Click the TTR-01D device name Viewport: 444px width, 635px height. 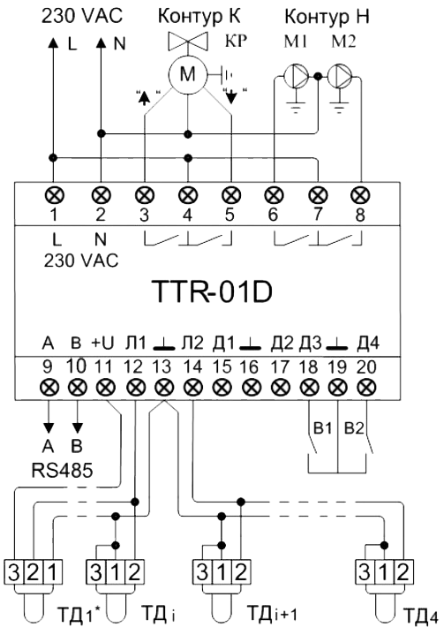point(212,292)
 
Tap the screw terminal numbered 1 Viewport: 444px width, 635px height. point(54,195)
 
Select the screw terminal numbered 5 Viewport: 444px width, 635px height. point(231,195)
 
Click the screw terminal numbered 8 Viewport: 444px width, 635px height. point(360,195)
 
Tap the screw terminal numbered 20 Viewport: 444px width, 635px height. point(366,388)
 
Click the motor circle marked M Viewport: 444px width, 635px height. point(187,74)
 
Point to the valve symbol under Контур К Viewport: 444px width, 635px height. point(188,41)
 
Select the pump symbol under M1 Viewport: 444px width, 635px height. point(295,75)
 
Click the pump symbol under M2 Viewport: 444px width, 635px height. point(339,75)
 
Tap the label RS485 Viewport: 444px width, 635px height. point(63,471)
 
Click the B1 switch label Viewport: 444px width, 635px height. point(322,428)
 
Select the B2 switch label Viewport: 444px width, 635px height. point(354,428)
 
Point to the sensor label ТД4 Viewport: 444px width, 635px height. point(420,616)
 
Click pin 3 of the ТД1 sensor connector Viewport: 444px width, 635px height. point(14,572)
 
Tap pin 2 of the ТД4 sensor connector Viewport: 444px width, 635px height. point(403,572)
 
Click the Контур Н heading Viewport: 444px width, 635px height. point(327,17)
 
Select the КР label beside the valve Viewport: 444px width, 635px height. point(236,41)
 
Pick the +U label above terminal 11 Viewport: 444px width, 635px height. point(102,343)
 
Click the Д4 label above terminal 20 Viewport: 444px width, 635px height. point(368,344)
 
